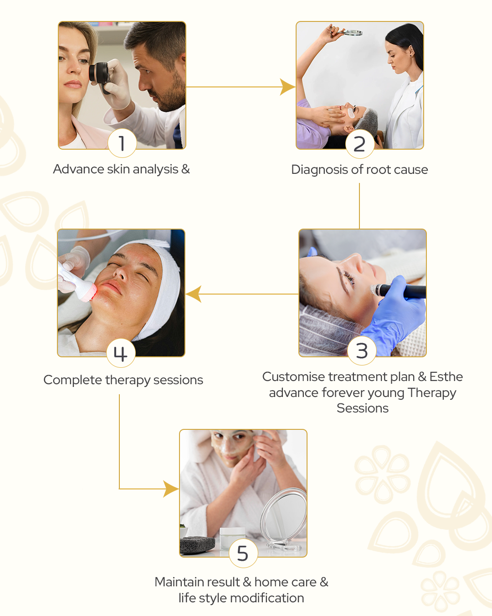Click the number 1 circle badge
(x=122, y=143)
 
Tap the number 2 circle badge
(x=359, y=144)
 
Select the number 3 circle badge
(x=362, y=350)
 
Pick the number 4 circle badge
(x=121, y=353)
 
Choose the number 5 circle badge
(x=243, y=553)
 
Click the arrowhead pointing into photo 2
(x=287, y=87)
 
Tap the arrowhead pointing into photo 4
(x=194, y=294)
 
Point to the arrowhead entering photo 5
(x=171, y=489)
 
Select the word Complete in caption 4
(x=73, y=380)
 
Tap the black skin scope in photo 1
(x=99, y=76)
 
